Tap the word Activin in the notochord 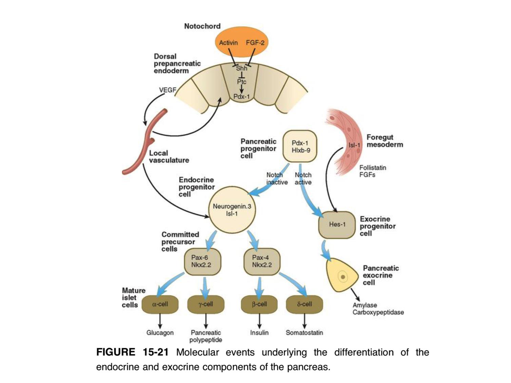click(228, 43)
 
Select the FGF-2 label click(255, 43)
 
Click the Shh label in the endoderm click(242, 68)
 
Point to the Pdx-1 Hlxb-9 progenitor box click(300, 146)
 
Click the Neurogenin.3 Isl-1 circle click(232, 210)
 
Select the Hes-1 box click(337, 224)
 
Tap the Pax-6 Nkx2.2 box click(202, 261)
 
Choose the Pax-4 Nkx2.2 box click(262, 261)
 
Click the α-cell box click(160, 304)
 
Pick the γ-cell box click(206, 304)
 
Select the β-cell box click(259, 304)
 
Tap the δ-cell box click(304, 304)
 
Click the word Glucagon click(160, 333)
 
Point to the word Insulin click(259, 333)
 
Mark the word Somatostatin click(304, 333)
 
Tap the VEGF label click(168, 90)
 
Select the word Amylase click(365, 305)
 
